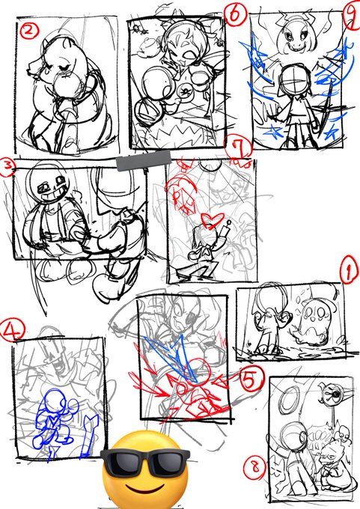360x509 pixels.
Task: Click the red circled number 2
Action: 28,31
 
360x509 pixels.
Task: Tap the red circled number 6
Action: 236,15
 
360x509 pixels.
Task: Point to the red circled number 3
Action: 7,167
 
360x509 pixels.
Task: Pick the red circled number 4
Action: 13,329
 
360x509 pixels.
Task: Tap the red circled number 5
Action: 250,380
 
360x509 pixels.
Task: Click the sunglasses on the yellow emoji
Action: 145,460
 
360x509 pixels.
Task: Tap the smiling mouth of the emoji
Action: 144,489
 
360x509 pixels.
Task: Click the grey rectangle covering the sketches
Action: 143,160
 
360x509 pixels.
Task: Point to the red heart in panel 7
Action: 213,219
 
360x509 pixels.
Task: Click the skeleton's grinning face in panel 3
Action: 48,183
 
